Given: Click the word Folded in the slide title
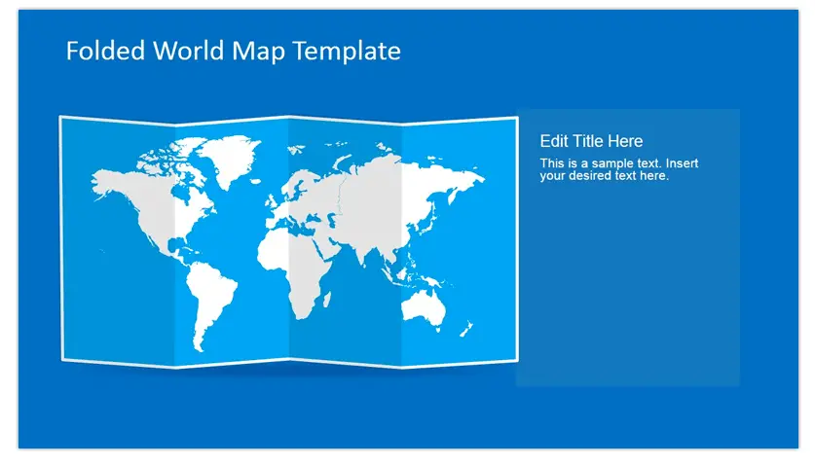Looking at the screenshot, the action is [x=105, y=51].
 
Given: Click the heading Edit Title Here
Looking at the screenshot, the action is [x=591, y=141].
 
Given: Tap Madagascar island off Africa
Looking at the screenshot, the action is [x=327, y=299].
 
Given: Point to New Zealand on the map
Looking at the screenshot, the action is [x=465, y=329].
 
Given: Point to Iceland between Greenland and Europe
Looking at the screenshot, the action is [x=255, y=181].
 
